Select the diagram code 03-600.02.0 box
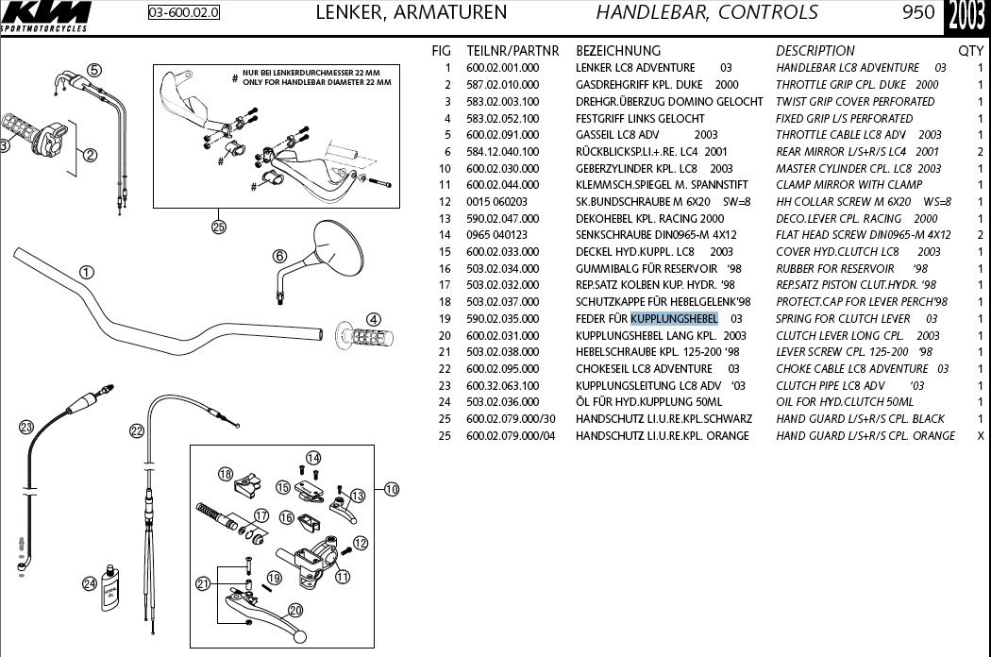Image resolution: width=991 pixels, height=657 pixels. [x=184, y=13]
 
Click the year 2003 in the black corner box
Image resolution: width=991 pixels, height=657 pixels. [x=966, y=16]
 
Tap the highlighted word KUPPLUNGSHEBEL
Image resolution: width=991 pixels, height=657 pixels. [x=674, y=319]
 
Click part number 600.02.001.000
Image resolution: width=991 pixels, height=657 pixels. [x=503, y=68]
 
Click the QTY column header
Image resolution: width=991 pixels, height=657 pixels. [x=970, y=51]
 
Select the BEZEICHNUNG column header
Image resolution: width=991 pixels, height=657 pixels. [x=618, y=51]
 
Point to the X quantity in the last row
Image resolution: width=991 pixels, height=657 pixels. [x=979, y=436]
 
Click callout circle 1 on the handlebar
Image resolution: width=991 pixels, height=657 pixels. [x=87, y=273]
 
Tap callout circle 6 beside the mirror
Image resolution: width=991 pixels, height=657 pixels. [x=279, y=256]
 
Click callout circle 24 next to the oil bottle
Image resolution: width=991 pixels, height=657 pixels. [x=90, y=584]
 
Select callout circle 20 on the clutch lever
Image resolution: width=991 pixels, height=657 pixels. [x=294, y=610]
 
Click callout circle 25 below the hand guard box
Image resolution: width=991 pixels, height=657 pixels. [x=219, y=227]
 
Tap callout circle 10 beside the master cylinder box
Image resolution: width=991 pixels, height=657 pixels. [x=391, y=489]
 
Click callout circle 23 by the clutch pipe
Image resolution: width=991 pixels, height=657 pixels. [x=26, y=427]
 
